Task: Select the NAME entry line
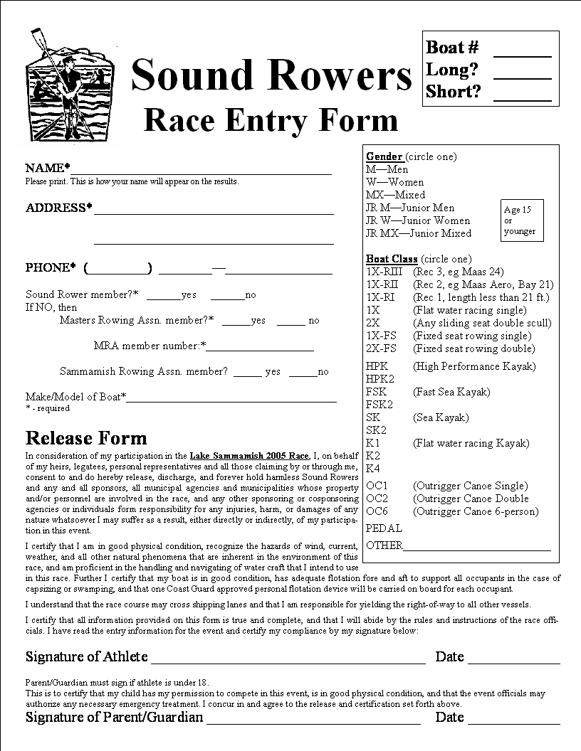[x=201, y=170]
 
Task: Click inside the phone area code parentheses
[x=118, y=269]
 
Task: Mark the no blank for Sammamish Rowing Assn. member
[x=303, y=373]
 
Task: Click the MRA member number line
[x=260, y=347]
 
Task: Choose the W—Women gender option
[x=394, y=182]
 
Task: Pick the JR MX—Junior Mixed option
[x=418, y=233]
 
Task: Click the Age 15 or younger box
[x=522, y=220]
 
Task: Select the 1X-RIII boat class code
[x=384, y=272]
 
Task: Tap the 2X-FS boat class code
[x=381, y=348]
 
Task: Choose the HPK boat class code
[x=377, y=366]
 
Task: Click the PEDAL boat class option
[x=384, y=528]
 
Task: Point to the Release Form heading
[x=86, y=438]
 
